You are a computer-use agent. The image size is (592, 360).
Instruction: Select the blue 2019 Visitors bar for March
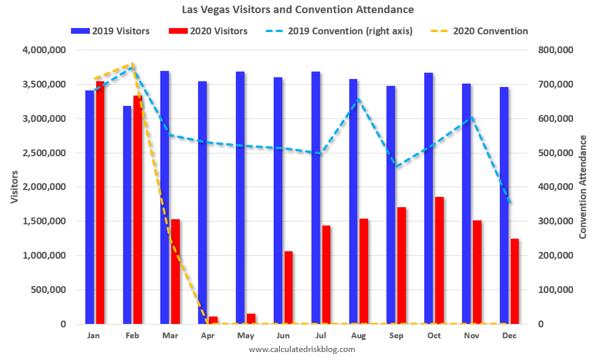[164, 197]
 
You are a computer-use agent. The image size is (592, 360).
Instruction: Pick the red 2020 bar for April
[213, 320]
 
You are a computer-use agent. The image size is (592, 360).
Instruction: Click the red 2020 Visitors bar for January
[100, 203]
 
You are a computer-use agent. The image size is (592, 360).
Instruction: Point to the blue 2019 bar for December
[504, 205]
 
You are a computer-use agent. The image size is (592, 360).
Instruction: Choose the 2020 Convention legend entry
[481, 31]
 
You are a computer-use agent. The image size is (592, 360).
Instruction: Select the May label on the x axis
[245, 336]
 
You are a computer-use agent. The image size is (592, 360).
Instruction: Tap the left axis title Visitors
[14, 187]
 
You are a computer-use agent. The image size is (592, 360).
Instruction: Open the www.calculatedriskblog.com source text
[302, 349]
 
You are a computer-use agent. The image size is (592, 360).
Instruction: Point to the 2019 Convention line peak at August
[357, 98]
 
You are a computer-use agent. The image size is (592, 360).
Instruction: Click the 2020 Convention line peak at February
[132, 64]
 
